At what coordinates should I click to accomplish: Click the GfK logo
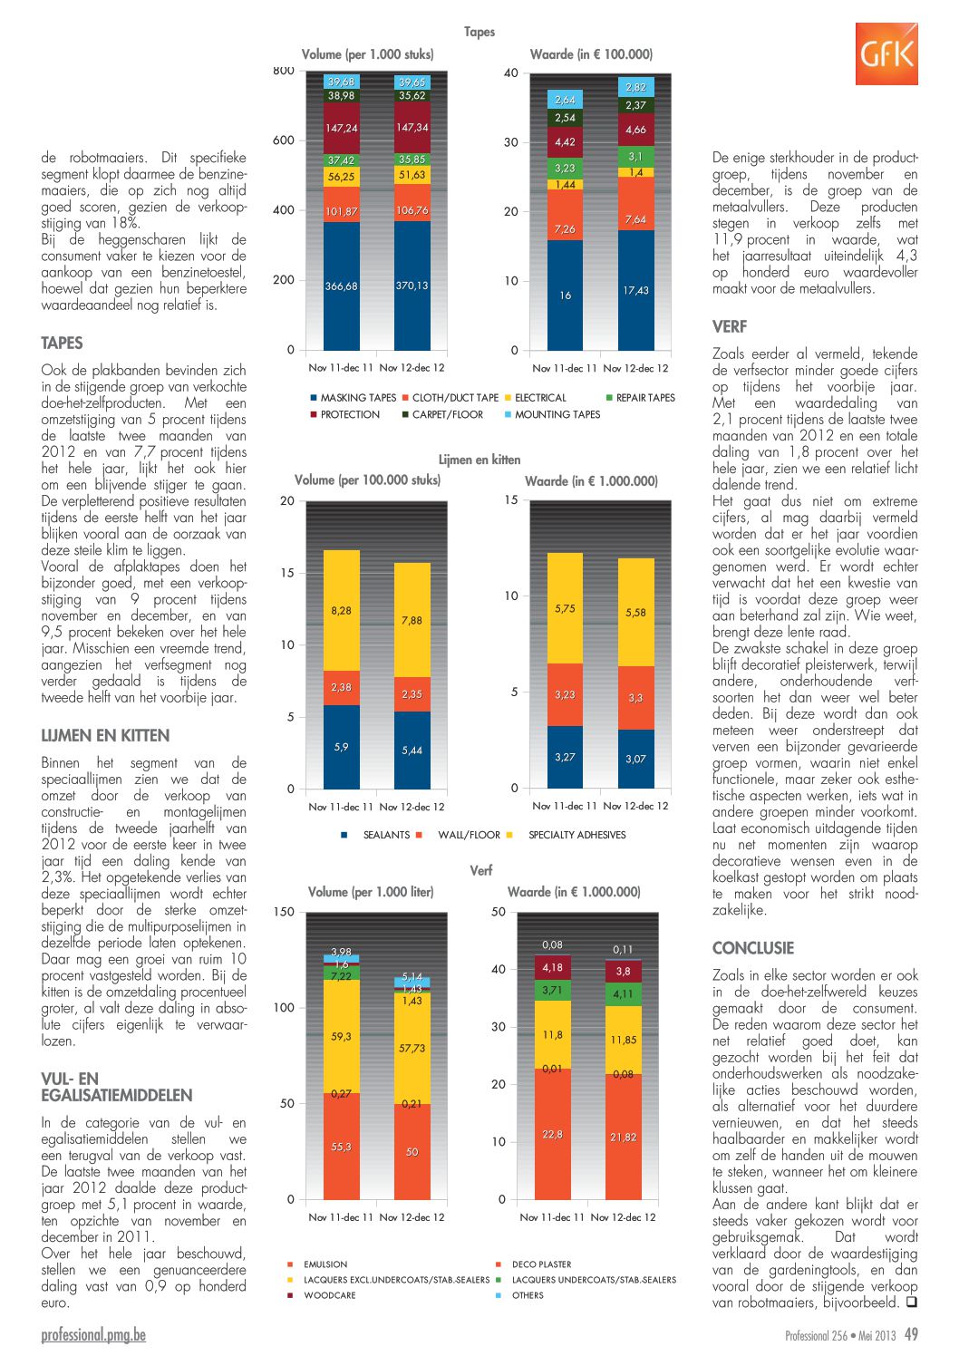(886, 53)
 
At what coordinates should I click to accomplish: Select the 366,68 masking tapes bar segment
(342, 286)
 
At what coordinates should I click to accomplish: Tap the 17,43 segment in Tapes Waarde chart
(635, 290)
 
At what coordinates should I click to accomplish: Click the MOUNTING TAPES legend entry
(551, 414)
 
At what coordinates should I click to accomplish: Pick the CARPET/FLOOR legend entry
(442, 414)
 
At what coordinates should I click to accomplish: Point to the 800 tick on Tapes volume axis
(284, 71)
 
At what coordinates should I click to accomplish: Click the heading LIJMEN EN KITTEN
(105, 735)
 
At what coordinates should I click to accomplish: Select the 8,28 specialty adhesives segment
(342, 610)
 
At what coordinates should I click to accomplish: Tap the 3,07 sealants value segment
(635, 759)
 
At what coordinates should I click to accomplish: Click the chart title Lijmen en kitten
(479, 460)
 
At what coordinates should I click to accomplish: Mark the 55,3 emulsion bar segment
(342, 1147)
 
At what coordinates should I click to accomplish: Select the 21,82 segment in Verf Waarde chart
(624, 1137)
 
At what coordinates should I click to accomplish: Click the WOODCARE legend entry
(322, 1295)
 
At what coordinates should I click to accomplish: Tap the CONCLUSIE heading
(752, 948)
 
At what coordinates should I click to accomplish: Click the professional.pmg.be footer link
(93, 1335)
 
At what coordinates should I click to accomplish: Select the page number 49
(911, 1333)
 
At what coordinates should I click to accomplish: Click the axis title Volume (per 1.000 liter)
(371, 892)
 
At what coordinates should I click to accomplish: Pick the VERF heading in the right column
(730, 327)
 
